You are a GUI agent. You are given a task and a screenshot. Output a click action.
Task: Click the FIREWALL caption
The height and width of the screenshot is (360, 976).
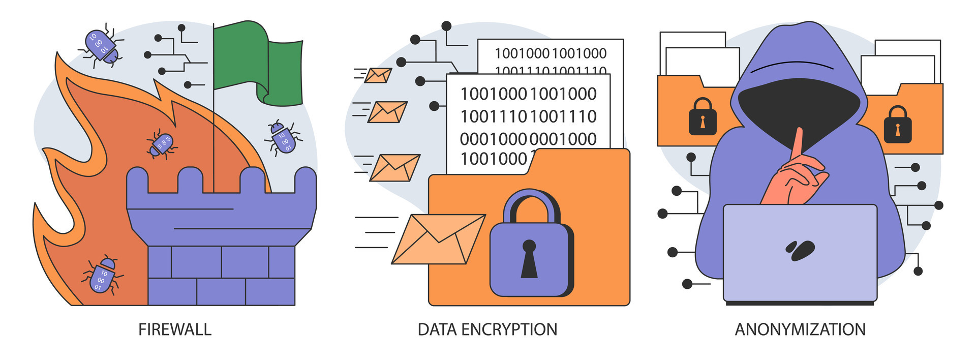coord(174,329)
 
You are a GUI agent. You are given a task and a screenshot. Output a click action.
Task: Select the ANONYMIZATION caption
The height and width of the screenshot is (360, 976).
coord(800,329)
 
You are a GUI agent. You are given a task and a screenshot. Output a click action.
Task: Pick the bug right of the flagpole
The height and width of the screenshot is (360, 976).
coord(283,138)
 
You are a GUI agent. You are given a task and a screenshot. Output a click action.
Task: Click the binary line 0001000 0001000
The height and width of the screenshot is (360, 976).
coord(528,139)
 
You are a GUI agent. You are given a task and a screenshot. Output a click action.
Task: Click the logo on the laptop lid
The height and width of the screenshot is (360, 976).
coord(800,250)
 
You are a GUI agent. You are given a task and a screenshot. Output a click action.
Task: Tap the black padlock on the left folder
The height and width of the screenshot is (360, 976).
coord(703,117)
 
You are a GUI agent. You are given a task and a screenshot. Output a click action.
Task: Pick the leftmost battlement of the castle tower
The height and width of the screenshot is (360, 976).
coord(137,181)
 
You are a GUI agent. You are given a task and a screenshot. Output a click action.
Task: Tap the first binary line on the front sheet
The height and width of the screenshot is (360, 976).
coord(528,94)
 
